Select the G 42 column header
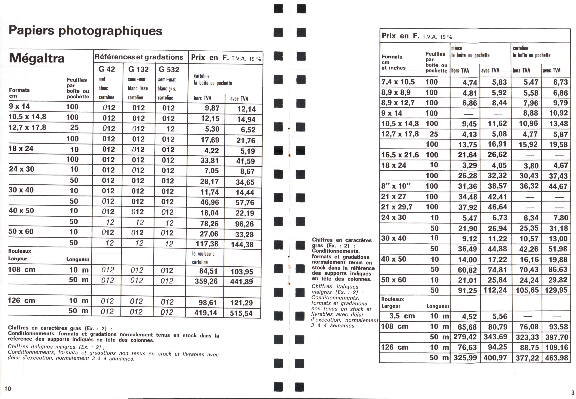[x=107, y=69]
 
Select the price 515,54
[x=241, y=313]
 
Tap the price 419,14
[x=206, y=313]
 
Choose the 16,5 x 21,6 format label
[x=400, y=155]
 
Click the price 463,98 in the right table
[x=556, y=358]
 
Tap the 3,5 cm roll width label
[x=402, y=316]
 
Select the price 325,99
[x=465, y=358]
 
